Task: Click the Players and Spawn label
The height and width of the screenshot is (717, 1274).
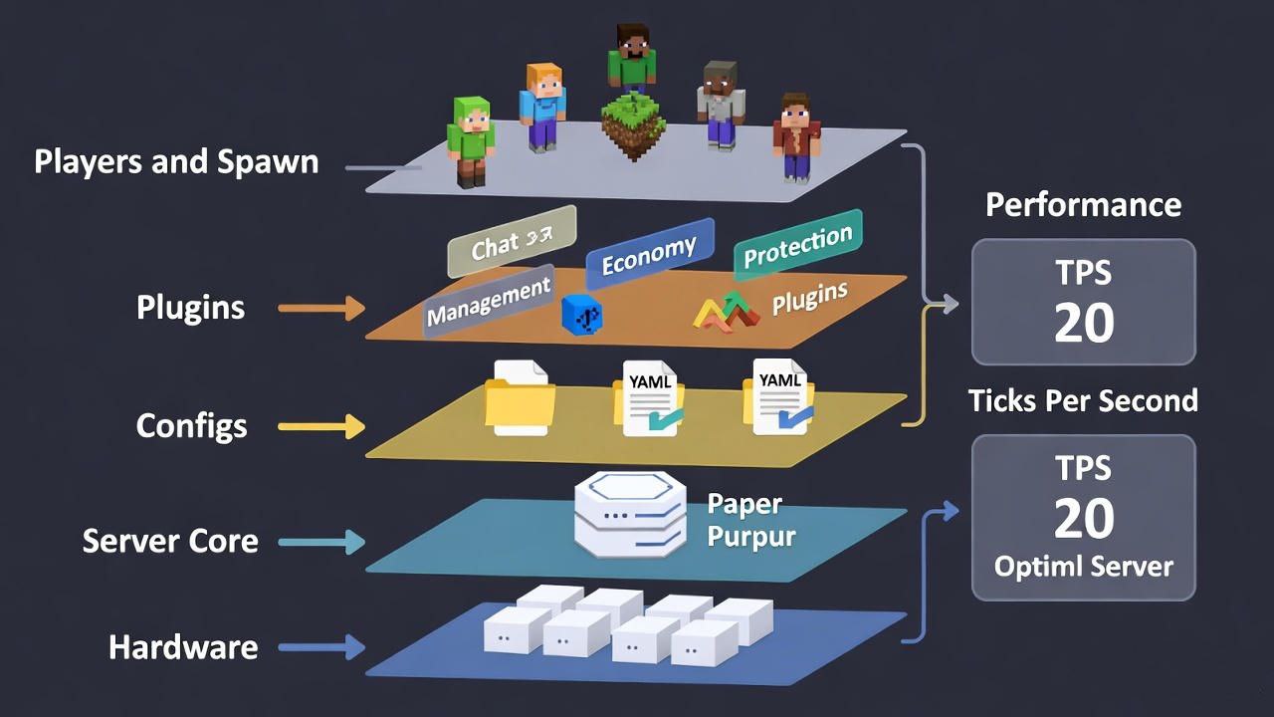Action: [176, 162]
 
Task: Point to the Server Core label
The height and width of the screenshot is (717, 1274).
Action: [170, 542]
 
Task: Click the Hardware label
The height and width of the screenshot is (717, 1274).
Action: [183, 647]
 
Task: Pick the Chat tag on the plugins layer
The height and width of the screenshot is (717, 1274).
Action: [512, 242]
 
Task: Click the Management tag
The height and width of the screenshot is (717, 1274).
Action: [489, 301]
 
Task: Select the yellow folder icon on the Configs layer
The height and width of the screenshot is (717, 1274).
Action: [520, 403]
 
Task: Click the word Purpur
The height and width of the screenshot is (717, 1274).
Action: [751, 537]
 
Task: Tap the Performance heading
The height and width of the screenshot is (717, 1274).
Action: [1083, 205]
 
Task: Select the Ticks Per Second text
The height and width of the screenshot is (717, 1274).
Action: [1083, 400]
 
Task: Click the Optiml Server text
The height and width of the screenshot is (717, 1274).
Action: [1083, 567]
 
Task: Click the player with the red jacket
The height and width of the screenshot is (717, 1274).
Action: [796, 137]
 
